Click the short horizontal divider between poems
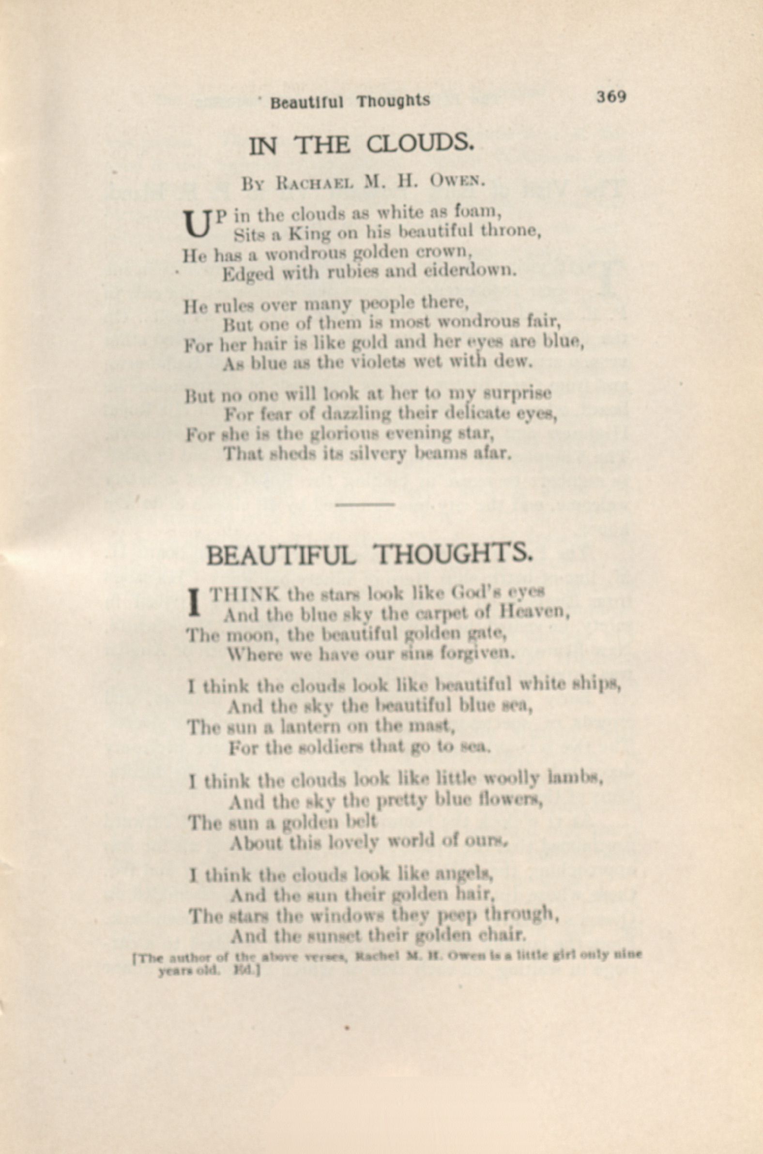pyautogui.click(x=365, y=504)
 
